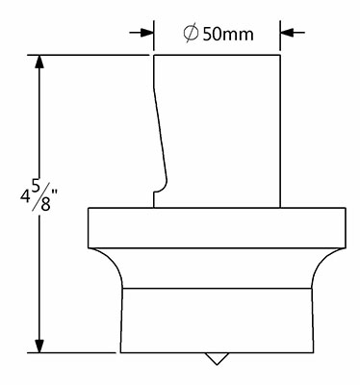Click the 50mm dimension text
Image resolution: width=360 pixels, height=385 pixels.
[x=228, y=34]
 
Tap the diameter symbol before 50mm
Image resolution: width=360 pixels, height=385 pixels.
[x=191, y=34]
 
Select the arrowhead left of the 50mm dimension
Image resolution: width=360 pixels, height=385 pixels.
[x=146, y=33]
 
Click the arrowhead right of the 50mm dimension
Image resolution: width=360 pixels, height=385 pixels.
[x=288, y=32]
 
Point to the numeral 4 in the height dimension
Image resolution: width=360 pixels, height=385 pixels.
[x=25, y=195]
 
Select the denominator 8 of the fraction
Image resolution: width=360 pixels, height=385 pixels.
[x=46, y=204]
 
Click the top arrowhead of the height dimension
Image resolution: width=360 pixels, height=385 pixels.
[x=39, y=62]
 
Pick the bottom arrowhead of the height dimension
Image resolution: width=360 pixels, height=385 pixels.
[x=39, y=346]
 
